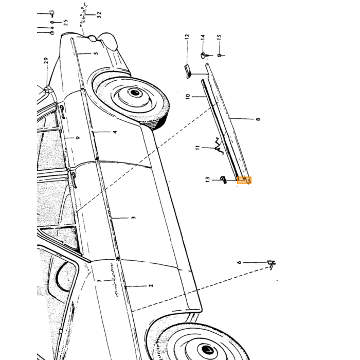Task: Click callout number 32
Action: pos(99,15)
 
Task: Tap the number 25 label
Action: pos(66,23)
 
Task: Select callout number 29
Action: pos(46,61)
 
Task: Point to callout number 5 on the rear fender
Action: pos(96,53)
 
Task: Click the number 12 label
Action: pos(187,37)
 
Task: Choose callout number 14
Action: pos(202,37)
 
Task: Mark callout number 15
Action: pos(219,37)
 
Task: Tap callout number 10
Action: pos(188,97)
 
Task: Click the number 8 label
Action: pos(258,119)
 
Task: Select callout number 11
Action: pos(197,148)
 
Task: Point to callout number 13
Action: pos(208,180)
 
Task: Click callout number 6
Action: pos(239,262)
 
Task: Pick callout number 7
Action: pos(99,281)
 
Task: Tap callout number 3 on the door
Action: pos(134,218)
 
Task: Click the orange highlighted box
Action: pos(244,180)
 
